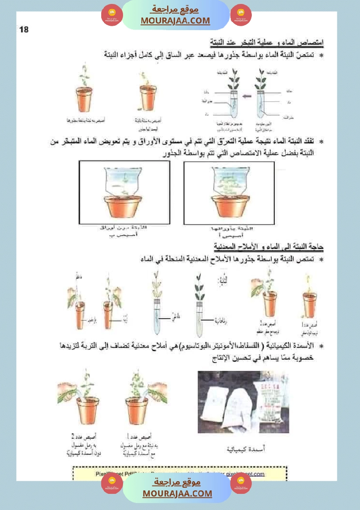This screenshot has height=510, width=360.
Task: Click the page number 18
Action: pos(24,30)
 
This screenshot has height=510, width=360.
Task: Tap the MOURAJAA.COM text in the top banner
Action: pos(175,21)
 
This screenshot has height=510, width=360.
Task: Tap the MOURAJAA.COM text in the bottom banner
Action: pos(177,493)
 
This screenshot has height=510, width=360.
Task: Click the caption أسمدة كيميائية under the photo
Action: pos(247,448)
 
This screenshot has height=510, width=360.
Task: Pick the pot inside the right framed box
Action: pos(230,207)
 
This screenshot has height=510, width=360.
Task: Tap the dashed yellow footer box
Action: pos(179,473)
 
